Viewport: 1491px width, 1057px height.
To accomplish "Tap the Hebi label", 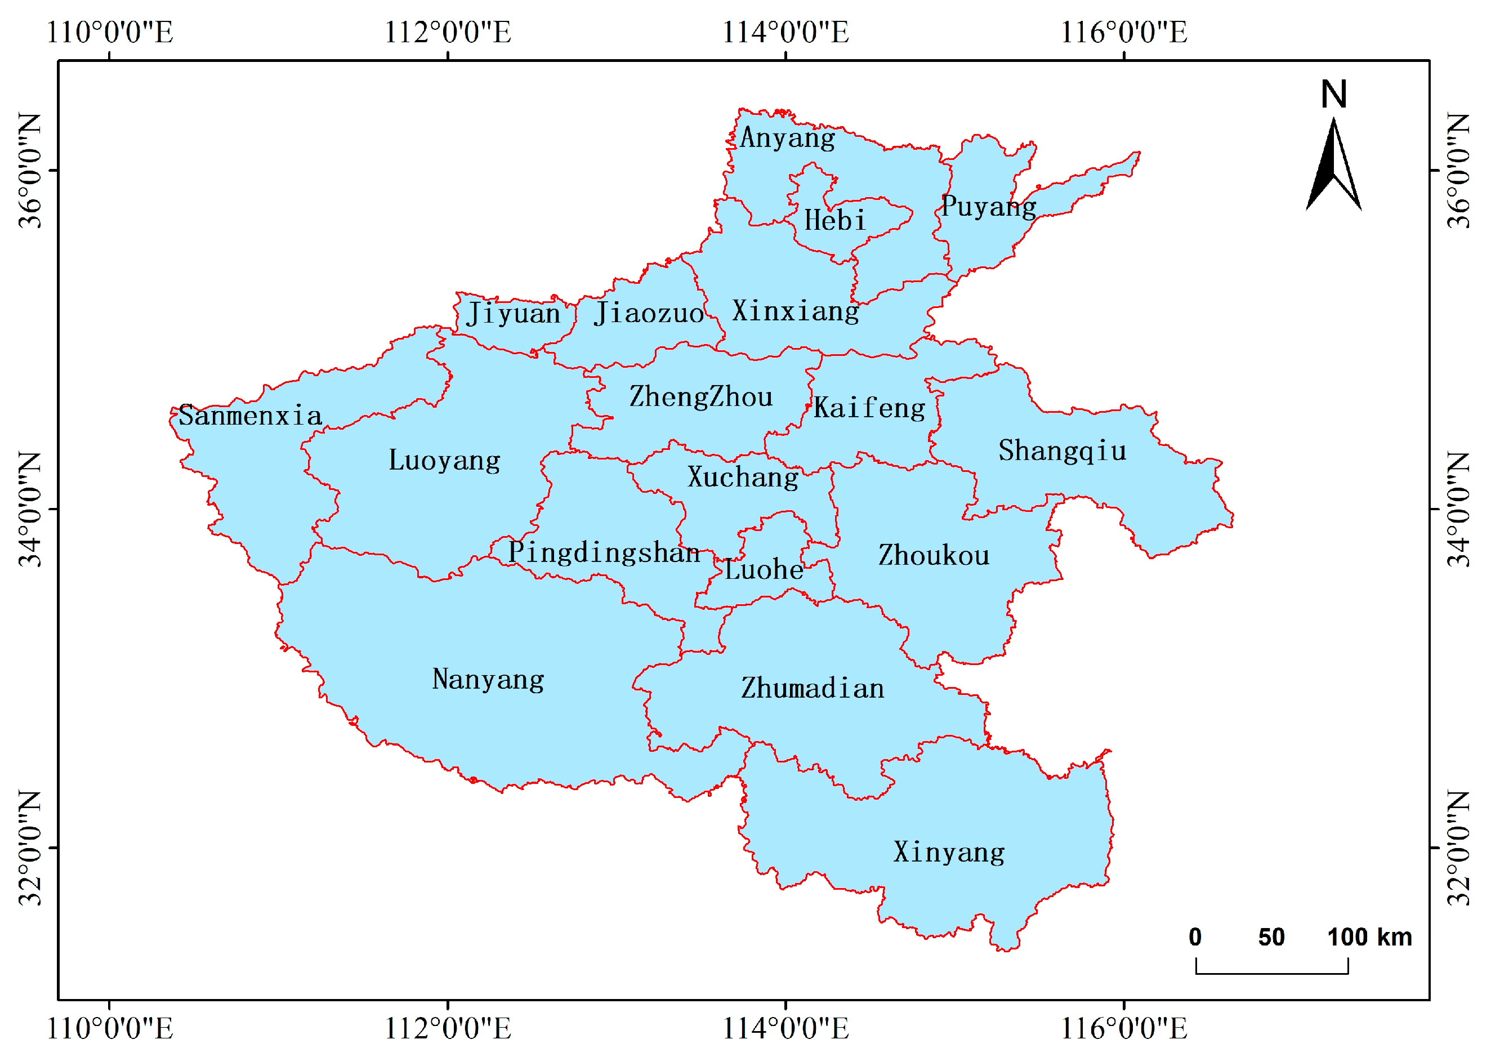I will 834,220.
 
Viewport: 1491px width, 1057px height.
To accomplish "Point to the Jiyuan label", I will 513,314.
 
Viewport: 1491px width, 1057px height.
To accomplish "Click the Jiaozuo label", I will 648,313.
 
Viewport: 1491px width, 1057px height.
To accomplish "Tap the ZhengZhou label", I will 701,396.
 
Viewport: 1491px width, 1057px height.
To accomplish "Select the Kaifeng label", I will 869,408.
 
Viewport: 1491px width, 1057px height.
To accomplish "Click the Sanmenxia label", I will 250,415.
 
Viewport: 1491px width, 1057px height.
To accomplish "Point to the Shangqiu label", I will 1062,451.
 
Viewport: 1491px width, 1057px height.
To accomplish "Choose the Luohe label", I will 764,569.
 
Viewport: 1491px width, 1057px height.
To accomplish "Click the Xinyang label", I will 949,852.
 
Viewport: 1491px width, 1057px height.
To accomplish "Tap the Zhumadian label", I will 812,688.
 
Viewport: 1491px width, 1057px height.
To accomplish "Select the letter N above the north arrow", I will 1333,95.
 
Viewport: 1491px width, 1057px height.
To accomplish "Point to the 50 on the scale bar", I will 1271,937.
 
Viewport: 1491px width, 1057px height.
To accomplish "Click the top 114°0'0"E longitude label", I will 785,32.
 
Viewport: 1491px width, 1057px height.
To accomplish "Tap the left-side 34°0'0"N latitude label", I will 29,509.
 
